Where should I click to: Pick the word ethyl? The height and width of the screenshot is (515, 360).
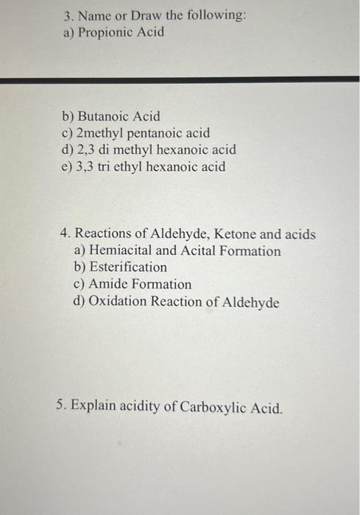[142, 167]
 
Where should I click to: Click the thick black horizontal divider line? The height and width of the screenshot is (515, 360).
[180, 79]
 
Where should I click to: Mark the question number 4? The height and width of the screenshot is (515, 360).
[66, 234]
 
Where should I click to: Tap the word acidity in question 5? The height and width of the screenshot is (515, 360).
[141, 406]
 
